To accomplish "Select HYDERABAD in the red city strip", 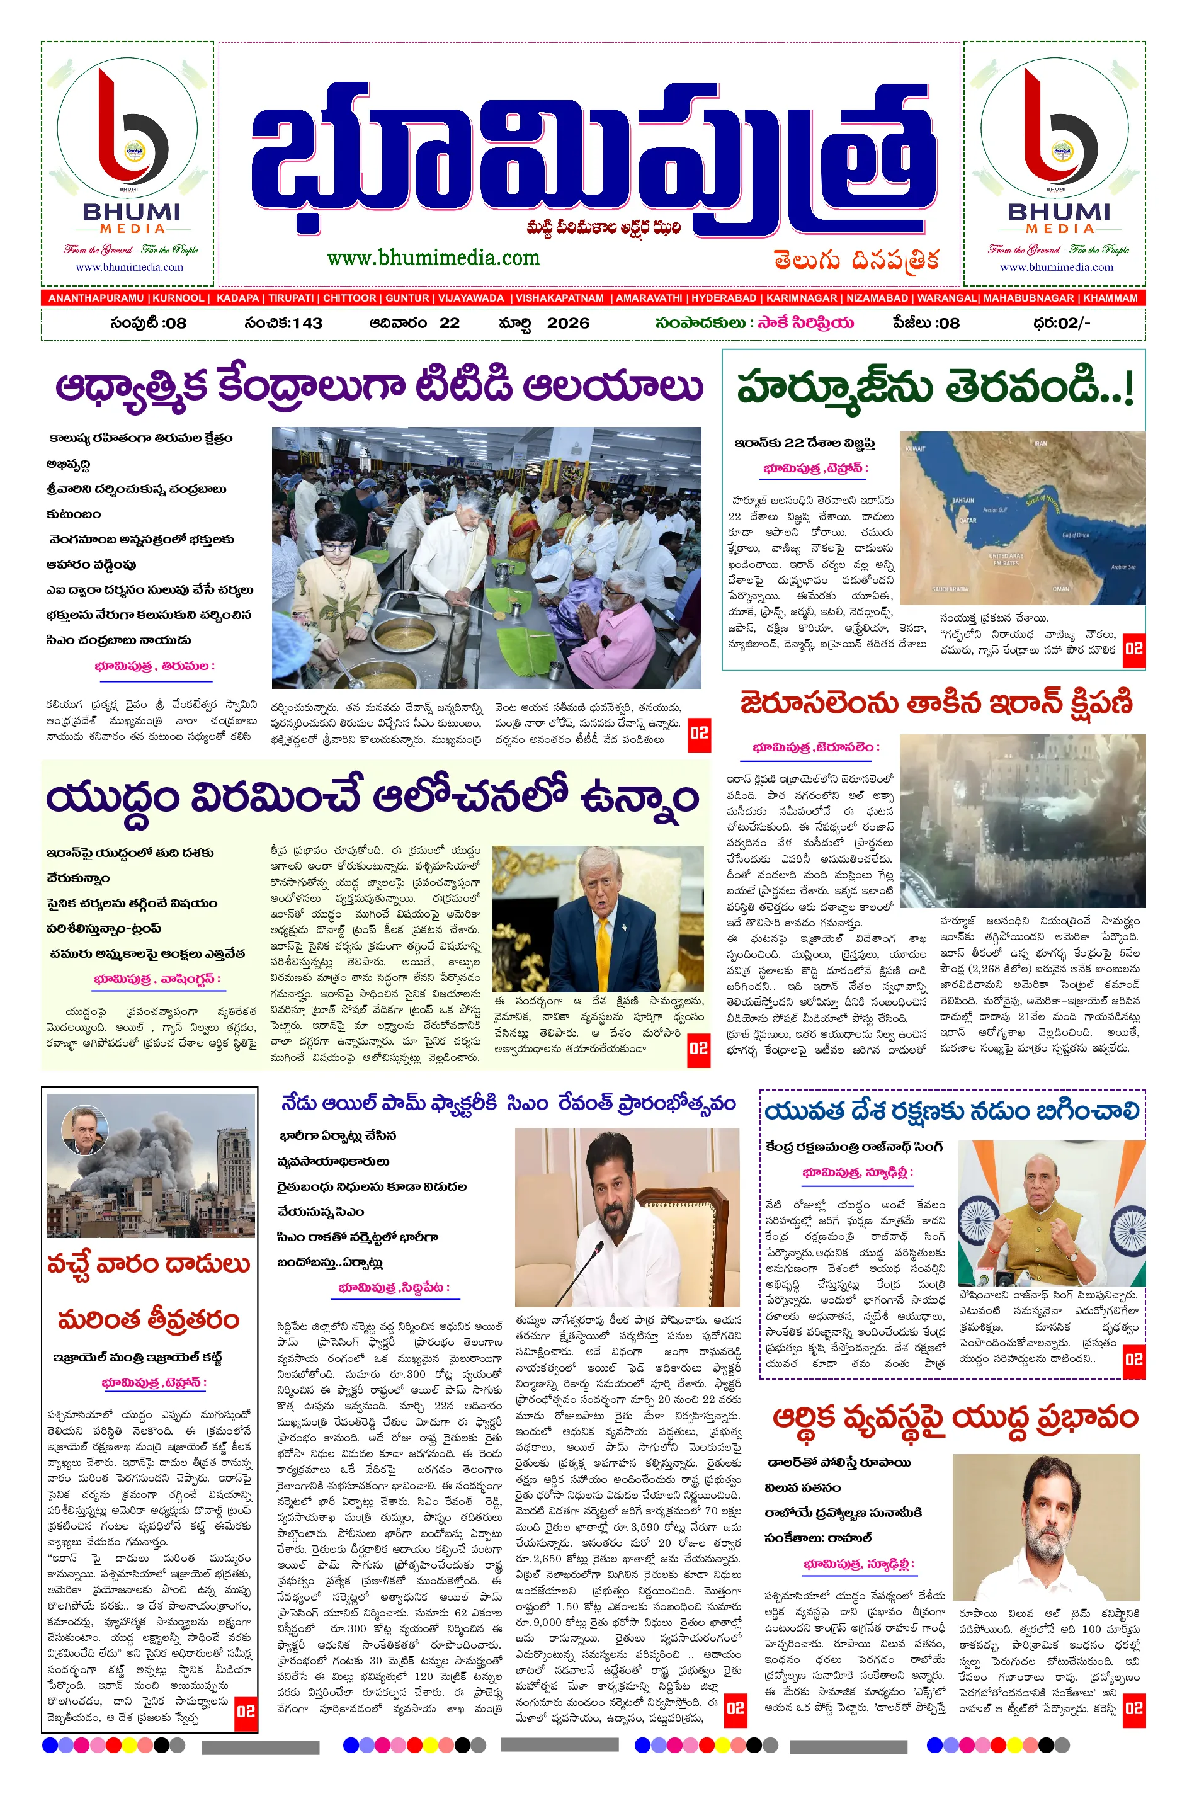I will point(724,298).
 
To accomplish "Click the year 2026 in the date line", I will point(568,323).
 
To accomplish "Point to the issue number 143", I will point(307,323).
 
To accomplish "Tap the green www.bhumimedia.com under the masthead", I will point(433,258).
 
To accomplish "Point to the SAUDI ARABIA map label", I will point(950,588).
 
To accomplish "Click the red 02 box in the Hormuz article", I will point(1133,649).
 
